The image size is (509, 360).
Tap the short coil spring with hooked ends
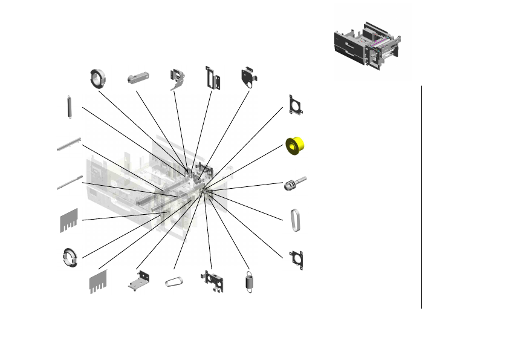(x=248, y=283)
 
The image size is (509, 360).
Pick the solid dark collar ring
(x=97, y=78)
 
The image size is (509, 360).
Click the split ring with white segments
(x=70, y=257)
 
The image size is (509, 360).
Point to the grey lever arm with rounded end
(x=138, y=78)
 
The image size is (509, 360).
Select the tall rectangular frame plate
(x=212, y=78)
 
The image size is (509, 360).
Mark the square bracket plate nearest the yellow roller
(x=296, y=105)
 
